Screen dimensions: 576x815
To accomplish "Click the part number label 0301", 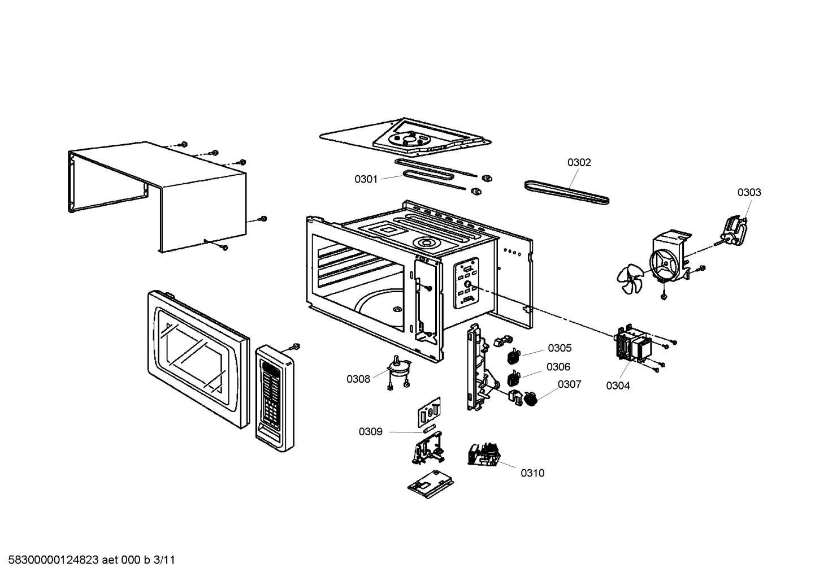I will [x=366, y=179].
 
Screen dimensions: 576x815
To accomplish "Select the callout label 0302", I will [x=579, y=163].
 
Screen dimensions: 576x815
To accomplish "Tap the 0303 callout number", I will [x=748, y=192].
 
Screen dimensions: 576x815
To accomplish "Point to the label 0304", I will [x=618, y=386].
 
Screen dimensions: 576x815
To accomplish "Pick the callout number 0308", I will [x=358, y=379].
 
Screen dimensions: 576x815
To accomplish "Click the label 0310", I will [x=532, y=473].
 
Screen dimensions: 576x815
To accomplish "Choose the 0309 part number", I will [x=370, y=432].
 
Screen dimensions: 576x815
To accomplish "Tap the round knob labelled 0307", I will [x=531, y=399].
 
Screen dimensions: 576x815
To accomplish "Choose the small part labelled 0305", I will [x=513, y=356].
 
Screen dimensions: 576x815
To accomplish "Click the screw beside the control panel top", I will [x=294, y=347].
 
